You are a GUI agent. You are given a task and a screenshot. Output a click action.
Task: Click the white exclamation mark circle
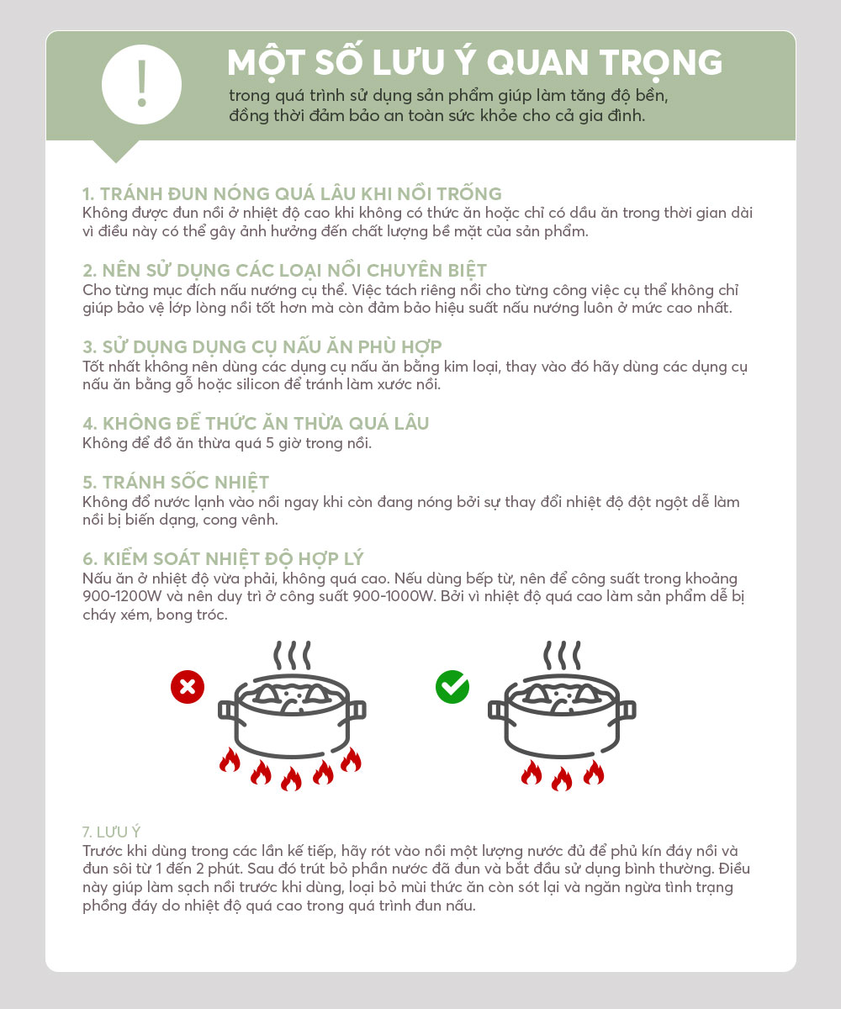click(x=141, y=85)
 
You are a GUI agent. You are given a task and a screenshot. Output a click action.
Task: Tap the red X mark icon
click(x=188, y=687)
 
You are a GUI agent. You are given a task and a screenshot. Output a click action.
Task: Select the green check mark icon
click(x=452, y=687)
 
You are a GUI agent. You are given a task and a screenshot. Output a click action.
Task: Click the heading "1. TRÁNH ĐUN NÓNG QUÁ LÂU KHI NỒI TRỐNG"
click(x=292, y=193)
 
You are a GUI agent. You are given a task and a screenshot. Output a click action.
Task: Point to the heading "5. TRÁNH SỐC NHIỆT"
click(x=176, y=483)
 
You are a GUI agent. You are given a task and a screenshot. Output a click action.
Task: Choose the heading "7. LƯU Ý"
click(x=111, y=832)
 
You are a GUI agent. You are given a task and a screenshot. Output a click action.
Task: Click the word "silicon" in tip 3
click(x=253, y=384)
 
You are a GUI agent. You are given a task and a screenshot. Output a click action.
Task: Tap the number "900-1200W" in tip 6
click(x=122, y=596)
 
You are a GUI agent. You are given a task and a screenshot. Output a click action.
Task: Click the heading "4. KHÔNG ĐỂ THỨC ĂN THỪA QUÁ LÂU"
click(x=256, y=423)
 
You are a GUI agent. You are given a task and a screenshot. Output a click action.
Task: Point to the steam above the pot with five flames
click(x=292, y=655)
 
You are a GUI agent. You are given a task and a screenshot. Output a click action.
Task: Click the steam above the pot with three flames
click(x=562, y=655)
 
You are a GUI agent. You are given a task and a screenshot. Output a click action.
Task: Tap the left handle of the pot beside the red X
click(x=227, y=711)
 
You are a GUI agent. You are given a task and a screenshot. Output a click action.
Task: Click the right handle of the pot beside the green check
click(x=627, y=711)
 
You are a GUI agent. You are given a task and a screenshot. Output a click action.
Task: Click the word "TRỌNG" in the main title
click(x=661, y=64)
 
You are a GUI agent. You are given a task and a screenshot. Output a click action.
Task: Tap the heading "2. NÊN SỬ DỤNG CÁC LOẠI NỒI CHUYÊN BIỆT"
click(x=285, y=271)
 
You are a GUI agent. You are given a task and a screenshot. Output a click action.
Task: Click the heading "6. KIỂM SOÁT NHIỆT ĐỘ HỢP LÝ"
click(x=224, y=558)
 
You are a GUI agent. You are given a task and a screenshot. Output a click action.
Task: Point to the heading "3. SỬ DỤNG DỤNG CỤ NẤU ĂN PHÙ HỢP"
click(x=262, y=347)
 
